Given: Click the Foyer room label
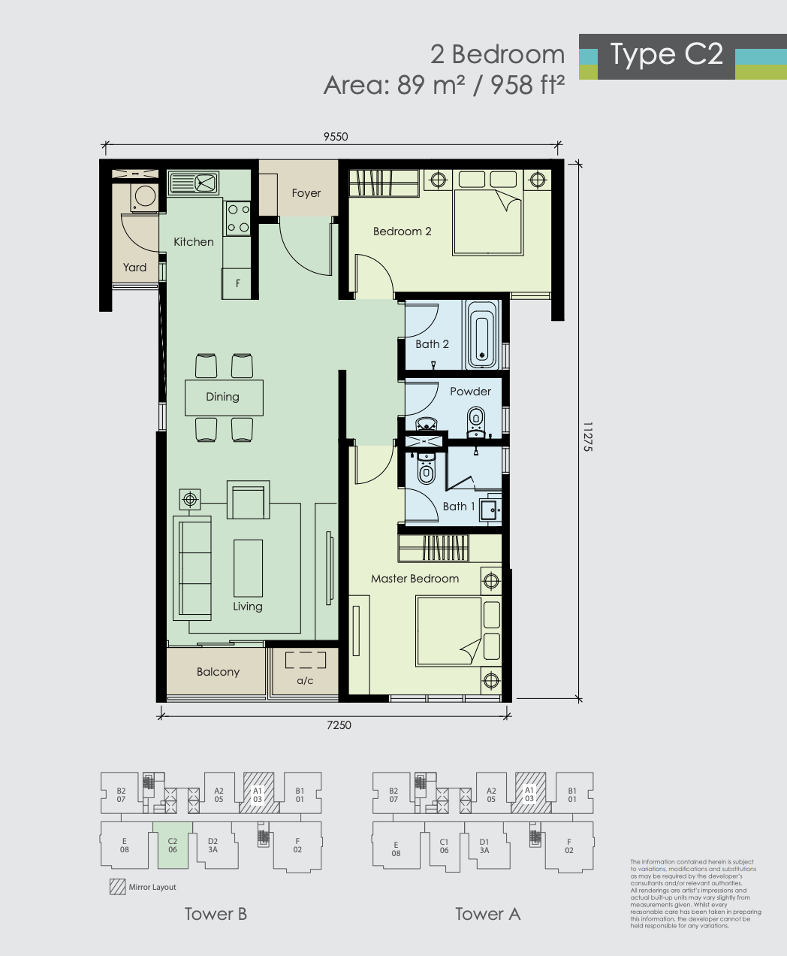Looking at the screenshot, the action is [x=306, y=193].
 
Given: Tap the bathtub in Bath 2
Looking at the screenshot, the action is [x=481, y=334].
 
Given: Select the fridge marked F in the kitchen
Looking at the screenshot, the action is [x=237, y=283].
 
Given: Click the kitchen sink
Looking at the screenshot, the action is [x=194, y=183].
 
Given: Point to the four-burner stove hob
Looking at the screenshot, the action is [x=238, y=219].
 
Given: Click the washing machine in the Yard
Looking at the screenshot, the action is [x=145, y=198].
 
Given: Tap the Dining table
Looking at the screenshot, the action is [x=224, y=398].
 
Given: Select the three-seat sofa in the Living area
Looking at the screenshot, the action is [x=192, y=567].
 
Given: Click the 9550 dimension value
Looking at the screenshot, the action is [x=336, y=137].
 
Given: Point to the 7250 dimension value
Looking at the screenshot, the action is [x=339, y=725].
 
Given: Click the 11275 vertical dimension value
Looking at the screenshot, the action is [x=588, y=437].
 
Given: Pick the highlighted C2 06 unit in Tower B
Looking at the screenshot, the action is [x=173, y=846].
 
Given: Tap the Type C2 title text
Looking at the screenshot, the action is [x=667, y=55].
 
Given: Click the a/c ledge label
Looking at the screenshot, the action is [x=305, y=681].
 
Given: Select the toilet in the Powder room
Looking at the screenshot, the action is [x=476, y=421].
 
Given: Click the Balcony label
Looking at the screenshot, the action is [x=219, y=672].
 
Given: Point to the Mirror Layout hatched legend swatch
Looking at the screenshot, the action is [x=118, y=887].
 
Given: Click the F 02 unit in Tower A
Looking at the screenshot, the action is [x=568, y=846].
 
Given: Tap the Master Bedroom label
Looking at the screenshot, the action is [x=415, y=579].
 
